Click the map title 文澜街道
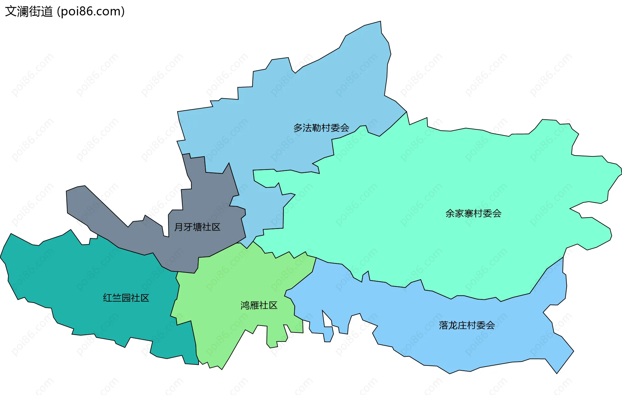click(29, 12)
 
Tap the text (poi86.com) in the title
click(91, 12)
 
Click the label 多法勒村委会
click(321, 128)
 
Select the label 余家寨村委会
click(473, 213)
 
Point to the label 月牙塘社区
click(197, 227)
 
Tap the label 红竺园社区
click(126, 298)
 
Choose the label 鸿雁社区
click(259, 305)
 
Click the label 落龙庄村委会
click(466, 325)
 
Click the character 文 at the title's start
click(10, 12)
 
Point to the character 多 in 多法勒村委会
click(298, 128)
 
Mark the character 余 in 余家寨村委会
click(450, 213)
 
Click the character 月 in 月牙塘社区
click(179, 227)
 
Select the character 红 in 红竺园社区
click(108, 298)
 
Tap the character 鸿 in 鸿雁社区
click(245, 305)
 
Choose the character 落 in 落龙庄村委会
click(443, 325)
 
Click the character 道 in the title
click(47, 12)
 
